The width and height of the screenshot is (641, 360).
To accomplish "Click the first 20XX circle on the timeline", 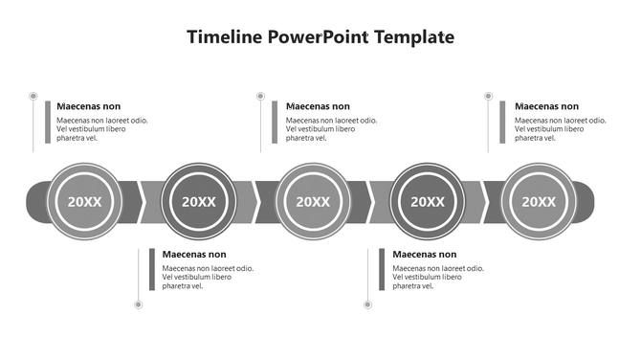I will click(84, 201).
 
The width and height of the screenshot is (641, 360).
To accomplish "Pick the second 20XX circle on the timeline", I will click(199, 201).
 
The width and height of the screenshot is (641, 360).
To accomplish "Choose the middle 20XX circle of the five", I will click(313, 201).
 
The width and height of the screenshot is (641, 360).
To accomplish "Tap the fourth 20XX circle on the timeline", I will click(428, 201).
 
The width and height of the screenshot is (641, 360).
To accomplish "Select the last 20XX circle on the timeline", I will click(540, 201).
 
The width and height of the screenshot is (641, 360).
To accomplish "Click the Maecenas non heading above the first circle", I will click(88, 106).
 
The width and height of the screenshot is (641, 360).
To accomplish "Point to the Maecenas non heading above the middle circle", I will click(318, 106).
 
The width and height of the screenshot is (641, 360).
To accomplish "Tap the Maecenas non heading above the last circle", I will click(546, 106).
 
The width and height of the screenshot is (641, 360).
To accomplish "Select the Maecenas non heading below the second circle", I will click(194, 255).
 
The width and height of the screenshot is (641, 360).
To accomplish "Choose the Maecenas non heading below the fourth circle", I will click(425, 255).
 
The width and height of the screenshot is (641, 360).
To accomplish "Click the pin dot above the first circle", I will click(33, 96).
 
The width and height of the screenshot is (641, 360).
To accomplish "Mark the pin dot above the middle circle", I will click(261, 96).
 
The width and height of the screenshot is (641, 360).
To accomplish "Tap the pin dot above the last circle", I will click(489, 96).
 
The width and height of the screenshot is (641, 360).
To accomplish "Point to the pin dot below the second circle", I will click(139, 304).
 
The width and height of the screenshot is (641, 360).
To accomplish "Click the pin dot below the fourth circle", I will click(367, 304).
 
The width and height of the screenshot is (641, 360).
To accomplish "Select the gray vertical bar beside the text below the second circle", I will click(152, 270).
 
